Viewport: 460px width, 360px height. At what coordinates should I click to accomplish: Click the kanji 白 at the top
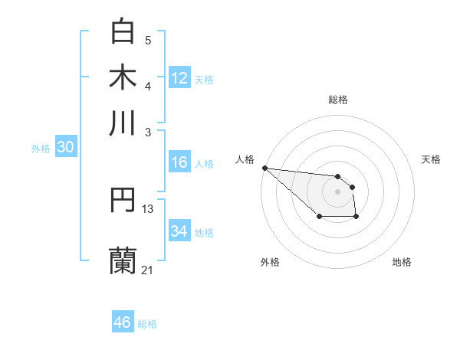pos(123,31)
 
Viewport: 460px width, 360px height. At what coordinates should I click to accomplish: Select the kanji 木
pos(123,77)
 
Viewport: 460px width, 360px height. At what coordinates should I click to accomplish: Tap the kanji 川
pos(123,123)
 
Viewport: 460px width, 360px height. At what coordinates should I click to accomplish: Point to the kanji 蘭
pos(123,260)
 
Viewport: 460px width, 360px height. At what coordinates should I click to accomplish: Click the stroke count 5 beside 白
pos(148,41)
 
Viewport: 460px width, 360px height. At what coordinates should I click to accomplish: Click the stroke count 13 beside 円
pos(148,208)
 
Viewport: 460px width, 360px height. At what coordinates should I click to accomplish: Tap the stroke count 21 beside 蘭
pos(148,270)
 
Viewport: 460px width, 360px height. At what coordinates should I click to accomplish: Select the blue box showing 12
pos(179,78)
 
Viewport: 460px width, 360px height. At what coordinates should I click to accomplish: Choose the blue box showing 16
pos(179,162)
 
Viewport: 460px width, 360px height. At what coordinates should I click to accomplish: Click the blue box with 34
pos(179,231)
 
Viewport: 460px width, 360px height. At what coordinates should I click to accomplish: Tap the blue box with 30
pos(65,148)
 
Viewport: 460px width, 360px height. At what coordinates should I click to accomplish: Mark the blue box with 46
pos(123,322)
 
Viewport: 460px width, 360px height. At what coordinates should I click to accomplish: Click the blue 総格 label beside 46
pos(147,324)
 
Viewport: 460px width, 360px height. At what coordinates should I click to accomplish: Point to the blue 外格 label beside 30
pos(40,149)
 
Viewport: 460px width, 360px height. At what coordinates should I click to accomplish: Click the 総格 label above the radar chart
pos(337,100)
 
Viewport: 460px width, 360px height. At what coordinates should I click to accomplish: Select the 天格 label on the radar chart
pos(431,159)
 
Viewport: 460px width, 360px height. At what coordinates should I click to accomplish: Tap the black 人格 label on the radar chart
pos(245,159)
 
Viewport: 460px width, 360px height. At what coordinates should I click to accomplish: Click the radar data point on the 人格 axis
pos(264,168)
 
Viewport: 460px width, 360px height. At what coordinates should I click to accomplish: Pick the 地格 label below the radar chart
pos(402,262)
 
